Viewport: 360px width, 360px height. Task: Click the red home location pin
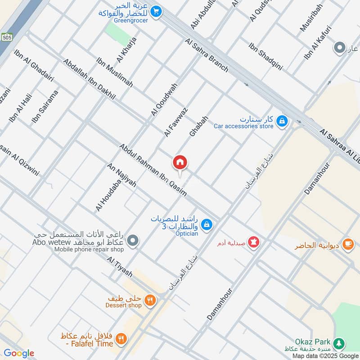180,162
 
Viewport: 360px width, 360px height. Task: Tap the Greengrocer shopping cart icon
156,11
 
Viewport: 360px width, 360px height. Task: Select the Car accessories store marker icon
282,121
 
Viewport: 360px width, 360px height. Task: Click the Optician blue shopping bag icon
207,224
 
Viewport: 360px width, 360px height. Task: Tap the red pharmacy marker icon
255,242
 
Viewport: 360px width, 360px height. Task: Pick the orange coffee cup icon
347,244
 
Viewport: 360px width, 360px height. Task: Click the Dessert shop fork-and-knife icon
151,299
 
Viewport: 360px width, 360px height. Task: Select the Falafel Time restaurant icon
121,338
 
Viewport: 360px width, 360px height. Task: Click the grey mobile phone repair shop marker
132,241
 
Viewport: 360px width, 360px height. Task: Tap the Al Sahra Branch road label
207,55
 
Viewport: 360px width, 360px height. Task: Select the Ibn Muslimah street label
114,72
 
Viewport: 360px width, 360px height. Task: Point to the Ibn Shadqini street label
265,56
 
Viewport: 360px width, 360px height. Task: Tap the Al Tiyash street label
119,267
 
